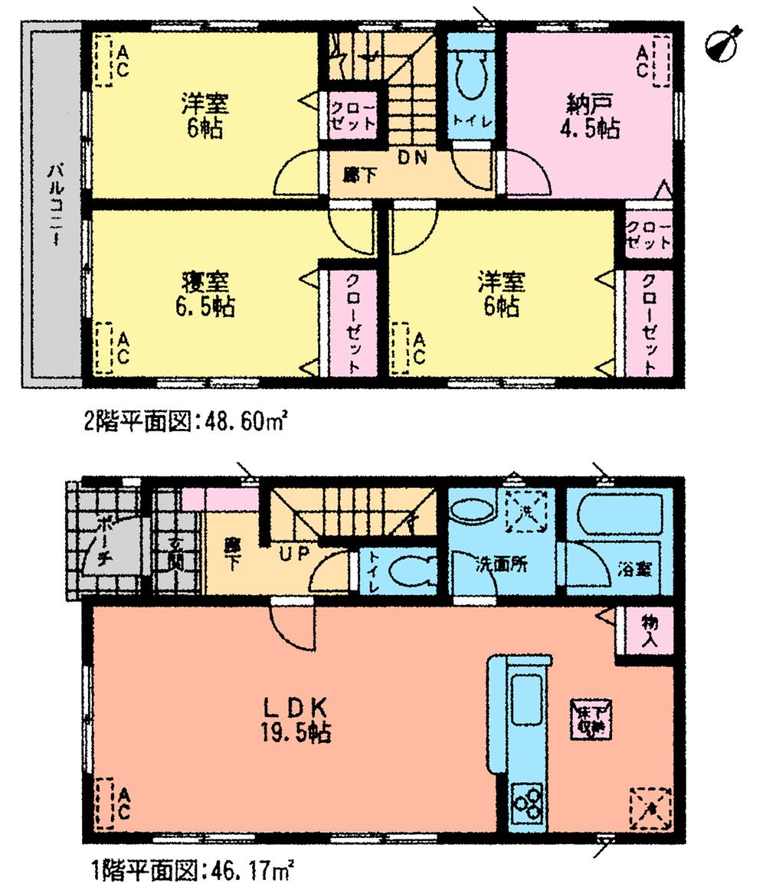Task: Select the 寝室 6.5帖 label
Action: (203, 295)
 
